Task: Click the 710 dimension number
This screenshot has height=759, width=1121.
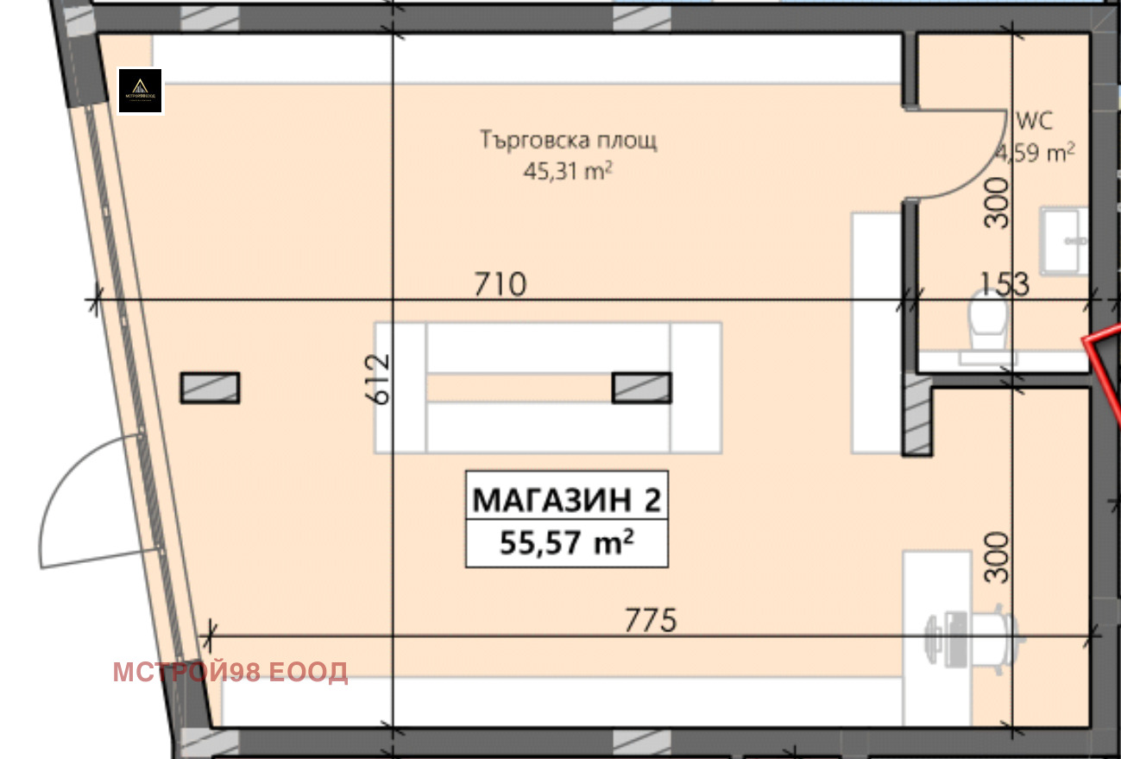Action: click(500, 283)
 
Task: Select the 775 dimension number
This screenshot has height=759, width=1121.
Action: click(651, 620)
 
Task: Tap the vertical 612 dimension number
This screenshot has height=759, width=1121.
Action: click(379, 378)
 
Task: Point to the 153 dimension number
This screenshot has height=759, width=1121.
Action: click(1004, 284)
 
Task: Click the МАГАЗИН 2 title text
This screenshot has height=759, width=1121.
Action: click(567, 500)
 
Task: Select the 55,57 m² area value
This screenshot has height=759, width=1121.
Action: click(567, 544)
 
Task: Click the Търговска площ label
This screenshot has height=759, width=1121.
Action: click(569, 140)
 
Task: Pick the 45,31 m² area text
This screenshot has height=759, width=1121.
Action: click(568, 170)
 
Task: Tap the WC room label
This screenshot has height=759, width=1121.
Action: click(1035, 119)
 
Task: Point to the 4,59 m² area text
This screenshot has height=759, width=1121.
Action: click(1036, 153)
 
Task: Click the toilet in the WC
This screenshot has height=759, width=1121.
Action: click(986, 323)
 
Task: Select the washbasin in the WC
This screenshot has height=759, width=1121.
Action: click(1063, 240)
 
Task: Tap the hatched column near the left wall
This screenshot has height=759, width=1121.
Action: click(210, 388)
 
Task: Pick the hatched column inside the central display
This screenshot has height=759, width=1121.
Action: click(641, 388)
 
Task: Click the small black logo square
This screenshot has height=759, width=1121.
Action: click(140, 91)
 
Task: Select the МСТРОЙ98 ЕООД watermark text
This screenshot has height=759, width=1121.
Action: click(230, 672)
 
